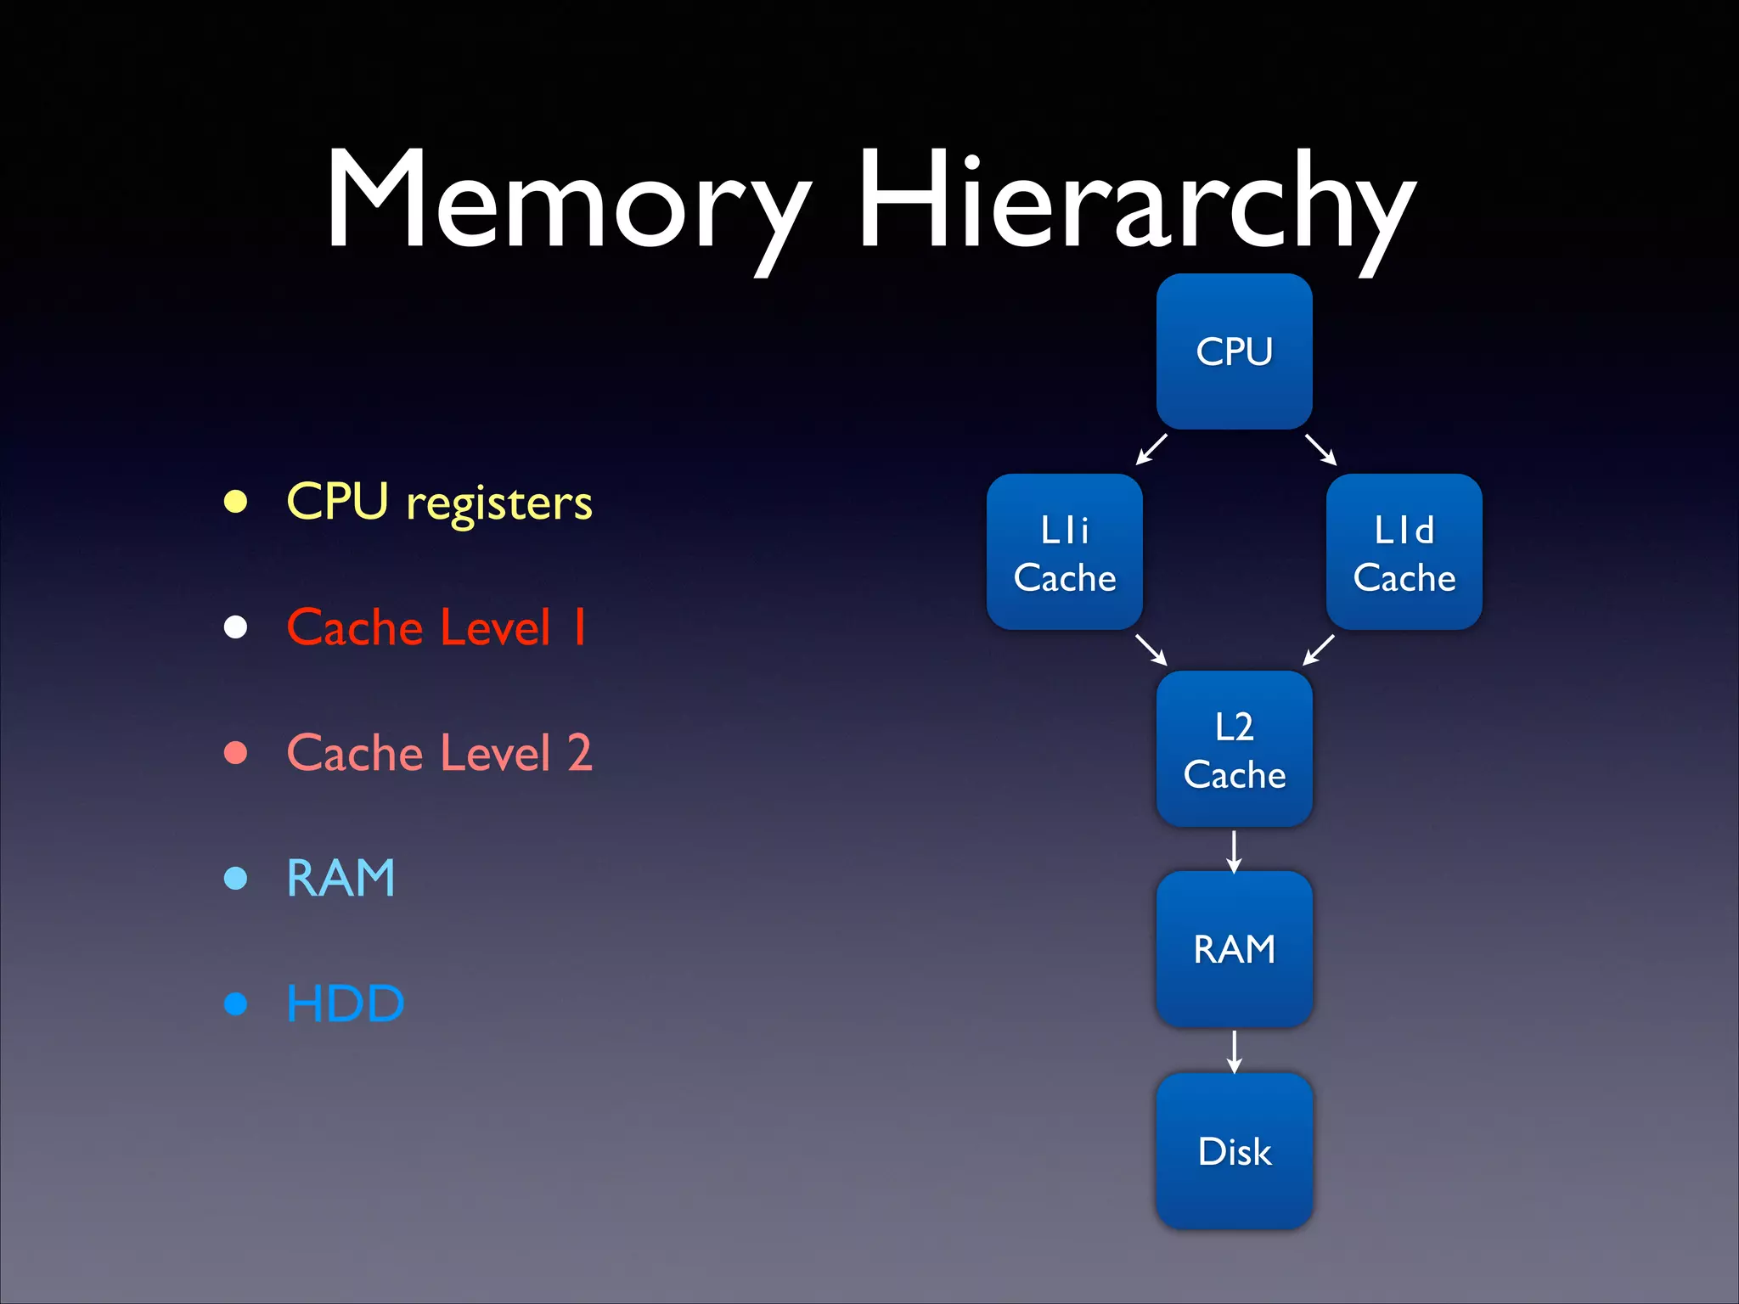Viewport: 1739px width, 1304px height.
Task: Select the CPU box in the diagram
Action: tap(1234, 351)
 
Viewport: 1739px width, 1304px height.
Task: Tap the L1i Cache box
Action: tap(1064, 552)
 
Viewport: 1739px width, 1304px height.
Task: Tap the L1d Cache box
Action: tap(1404, 552)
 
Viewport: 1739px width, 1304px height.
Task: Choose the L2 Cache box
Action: tap(1234, 749)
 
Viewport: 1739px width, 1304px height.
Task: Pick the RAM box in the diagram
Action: tap(1234, 948)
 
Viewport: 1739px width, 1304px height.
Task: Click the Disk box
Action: tap(1234, 1150)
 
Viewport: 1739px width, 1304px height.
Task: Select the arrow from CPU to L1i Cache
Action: tap(1151, 449)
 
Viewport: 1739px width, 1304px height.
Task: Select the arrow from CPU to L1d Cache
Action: tap(1321, 449)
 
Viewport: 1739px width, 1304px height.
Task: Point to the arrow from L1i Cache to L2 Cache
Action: tap(1151, 649)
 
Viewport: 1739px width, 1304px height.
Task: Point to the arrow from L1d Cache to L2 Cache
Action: tap(1319, 649)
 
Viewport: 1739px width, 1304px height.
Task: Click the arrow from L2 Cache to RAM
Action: tap(1234, 851)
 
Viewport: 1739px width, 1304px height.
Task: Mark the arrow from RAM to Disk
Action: tap(1234, 1051)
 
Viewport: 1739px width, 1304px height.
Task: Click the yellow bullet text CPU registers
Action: tap(439, 502)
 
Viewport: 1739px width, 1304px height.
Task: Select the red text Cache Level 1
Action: tap(436, 627)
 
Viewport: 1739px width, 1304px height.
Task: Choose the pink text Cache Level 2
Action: tap(439, 753)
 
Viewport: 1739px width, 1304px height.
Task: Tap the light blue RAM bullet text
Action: tap(340, 878)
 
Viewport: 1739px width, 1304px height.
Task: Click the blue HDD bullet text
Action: tap(345, 1003)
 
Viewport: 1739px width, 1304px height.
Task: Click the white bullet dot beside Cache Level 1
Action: tap(235, 627)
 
